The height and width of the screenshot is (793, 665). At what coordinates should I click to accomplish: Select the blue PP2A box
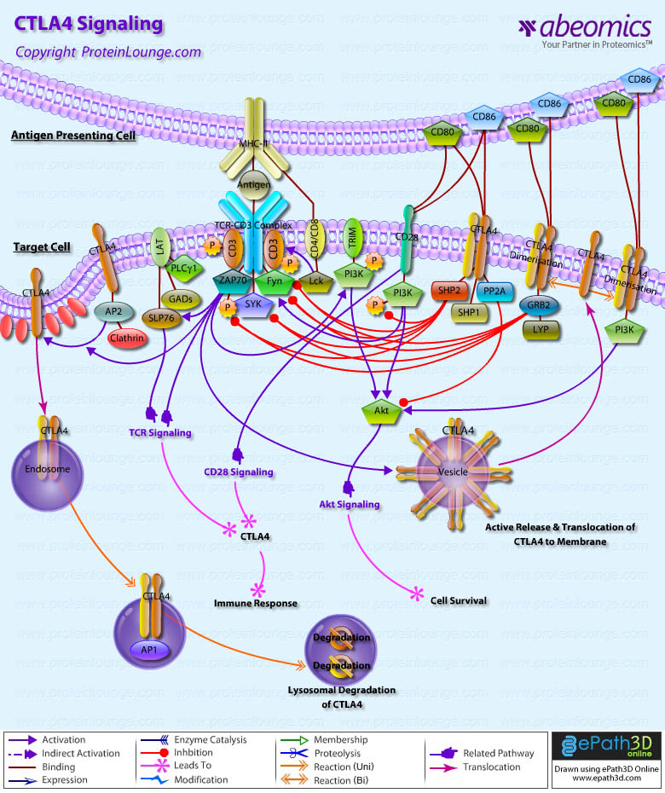(494, 291)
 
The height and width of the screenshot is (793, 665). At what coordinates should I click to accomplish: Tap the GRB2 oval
(538, 304)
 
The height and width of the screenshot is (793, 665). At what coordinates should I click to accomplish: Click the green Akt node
(381, 411)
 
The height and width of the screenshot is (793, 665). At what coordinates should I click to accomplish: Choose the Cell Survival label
(459, 600)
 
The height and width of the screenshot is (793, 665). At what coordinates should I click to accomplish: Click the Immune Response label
(256, 603)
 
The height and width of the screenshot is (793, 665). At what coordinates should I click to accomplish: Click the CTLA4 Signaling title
(89, 24)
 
